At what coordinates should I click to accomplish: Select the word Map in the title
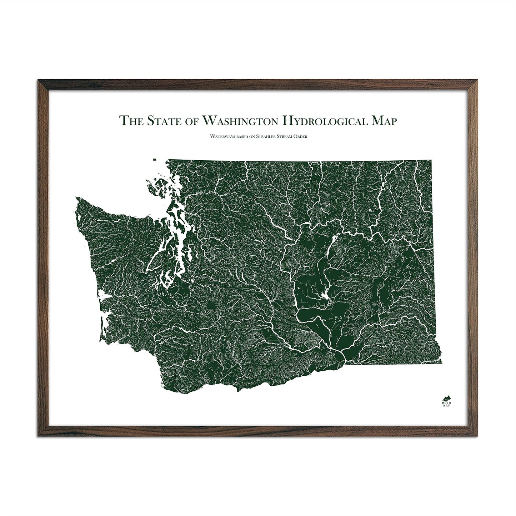384,120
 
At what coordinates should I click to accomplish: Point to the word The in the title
131,121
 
